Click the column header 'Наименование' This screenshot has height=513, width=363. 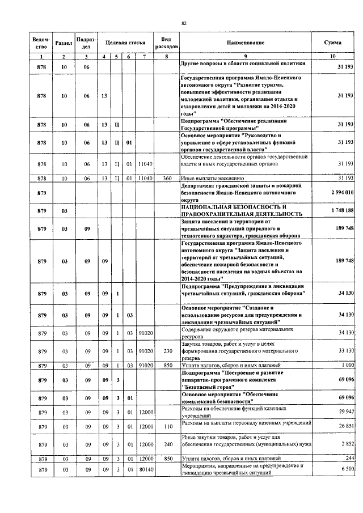point(246,43)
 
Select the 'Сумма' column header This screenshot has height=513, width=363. point(332,43)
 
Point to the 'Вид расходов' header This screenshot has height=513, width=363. point(166,43)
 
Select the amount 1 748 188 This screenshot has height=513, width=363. point(342,211)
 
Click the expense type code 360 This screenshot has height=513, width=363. point(166,178)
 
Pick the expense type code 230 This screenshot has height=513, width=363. point(166,351)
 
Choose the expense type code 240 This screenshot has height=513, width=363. point(166,444)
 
